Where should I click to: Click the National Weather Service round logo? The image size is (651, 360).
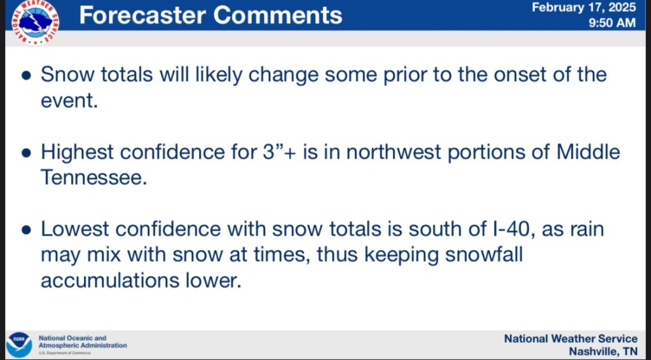coord(36,22)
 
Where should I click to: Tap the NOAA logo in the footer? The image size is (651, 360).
coord(19,344)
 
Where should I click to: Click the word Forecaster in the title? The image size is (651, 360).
coord(143,15)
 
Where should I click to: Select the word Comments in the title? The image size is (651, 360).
coord(278,15)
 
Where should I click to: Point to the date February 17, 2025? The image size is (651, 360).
coord(584,7)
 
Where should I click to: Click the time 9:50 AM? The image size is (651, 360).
coord(612,22)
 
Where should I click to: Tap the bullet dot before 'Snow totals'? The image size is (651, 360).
coord(26,76)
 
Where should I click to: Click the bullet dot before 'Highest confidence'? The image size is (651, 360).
coord(26,153)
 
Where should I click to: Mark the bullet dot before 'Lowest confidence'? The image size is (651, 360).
coord(26,230)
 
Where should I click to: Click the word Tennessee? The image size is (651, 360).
coord(94,177)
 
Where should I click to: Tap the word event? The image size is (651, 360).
coord(69,101)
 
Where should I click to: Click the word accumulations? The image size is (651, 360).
coord(109,280)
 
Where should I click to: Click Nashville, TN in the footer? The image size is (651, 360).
coord(603,351)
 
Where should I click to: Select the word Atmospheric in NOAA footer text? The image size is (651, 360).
coord(59,345)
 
